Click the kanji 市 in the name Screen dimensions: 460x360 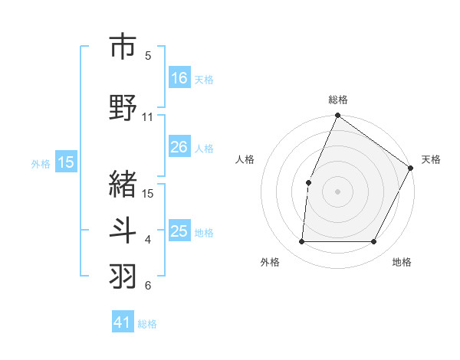[123, 47]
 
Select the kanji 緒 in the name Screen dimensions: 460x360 [123, 184]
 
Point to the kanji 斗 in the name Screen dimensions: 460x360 [123, 231]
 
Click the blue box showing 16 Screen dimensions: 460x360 [179, 78]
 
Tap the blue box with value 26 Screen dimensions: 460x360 [179, 147]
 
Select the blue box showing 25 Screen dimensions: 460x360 [179, 231]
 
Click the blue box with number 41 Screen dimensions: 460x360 [123, 322]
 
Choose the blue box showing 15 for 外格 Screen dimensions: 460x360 [66, 162]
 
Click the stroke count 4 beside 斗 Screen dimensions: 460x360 [148, 240]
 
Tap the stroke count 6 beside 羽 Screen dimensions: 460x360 [148, 286]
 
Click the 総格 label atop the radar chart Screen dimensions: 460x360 [337, 100]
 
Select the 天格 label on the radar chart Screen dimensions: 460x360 [431, 159]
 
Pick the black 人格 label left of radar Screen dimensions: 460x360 [245, 159]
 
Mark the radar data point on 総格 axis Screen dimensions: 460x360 [337, 116]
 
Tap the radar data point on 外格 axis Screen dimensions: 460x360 [302, 242]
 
